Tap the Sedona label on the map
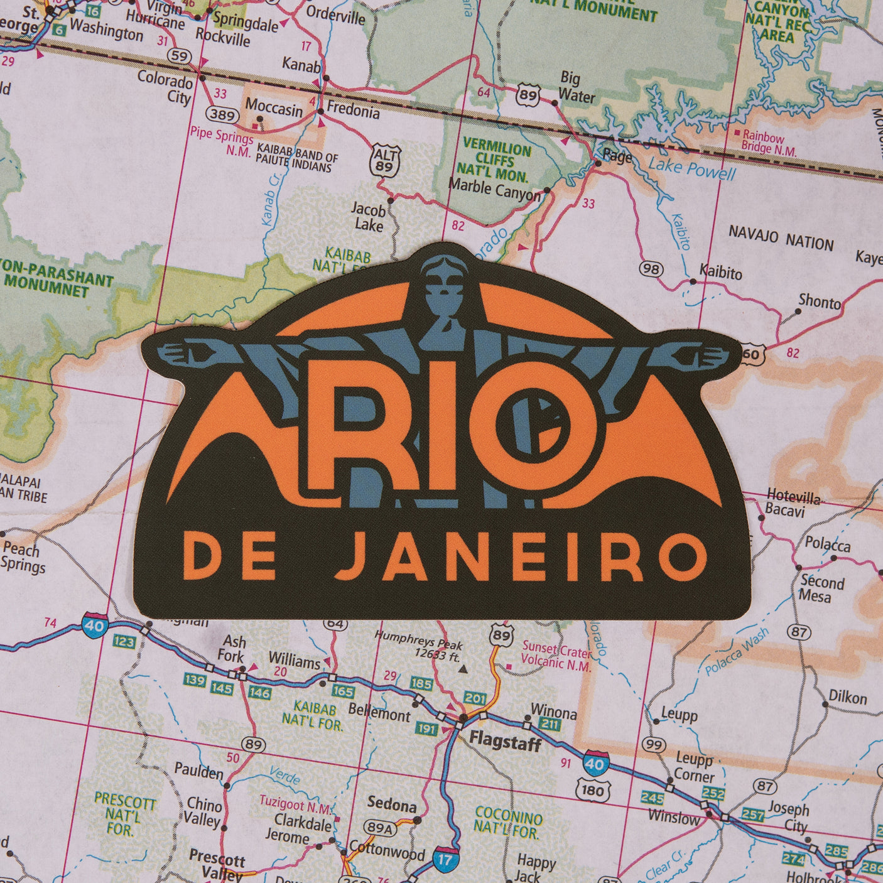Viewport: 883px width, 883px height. click(x=391, y=804)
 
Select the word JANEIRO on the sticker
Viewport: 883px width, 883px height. click(x=520, y=557)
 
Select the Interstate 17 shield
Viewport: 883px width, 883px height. click(x=445, y=859)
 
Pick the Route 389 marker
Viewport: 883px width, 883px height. click(x=222, y=115)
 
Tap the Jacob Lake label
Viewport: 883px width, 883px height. click(x=368, y=216)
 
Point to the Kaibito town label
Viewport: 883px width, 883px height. click(x=720, y=273)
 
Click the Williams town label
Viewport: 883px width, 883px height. click(x=294, y=661)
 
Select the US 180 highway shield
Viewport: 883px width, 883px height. click(x=592, y=790)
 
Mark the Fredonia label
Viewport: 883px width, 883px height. click(x=353, y=111)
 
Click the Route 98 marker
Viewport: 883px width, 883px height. click(x=651, y=269)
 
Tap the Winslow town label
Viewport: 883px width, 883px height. click(x=673, y=818)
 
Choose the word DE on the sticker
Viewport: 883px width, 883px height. click(x=229, y=557)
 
